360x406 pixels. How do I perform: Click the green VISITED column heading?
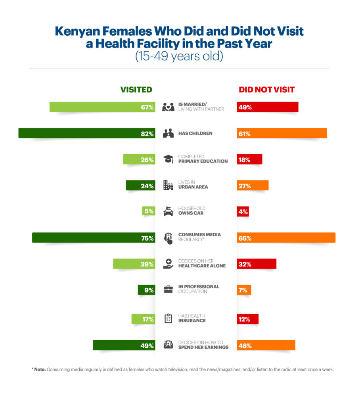point(136,90)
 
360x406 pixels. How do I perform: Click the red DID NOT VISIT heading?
point(266,90)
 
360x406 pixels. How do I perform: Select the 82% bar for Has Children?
point(86,134)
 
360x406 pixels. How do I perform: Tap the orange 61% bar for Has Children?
point(281,134)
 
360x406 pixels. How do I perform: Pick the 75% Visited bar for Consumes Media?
point(93,238)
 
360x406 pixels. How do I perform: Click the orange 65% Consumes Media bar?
point(286,238)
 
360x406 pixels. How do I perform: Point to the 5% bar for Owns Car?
point(148,211)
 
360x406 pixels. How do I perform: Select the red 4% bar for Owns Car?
point(243,211)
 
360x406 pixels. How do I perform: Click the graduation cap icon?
point(169,159)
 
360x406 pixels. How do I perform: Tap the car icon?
point(169,212)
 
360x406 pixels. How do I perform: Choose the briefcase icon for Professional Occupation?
point(169,289)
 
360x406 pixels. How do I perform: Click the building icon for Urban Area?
point(169,185)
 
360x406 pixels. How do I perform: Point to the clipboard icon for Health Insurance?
point(169,318)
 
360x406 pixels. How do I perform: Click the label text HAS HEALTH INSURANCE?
point(192,318)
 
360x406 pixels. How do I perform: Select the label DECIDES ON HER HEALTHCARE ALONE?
point(202,264)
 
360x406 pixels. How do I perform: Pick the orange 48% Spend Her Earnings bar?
point(266,346)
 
